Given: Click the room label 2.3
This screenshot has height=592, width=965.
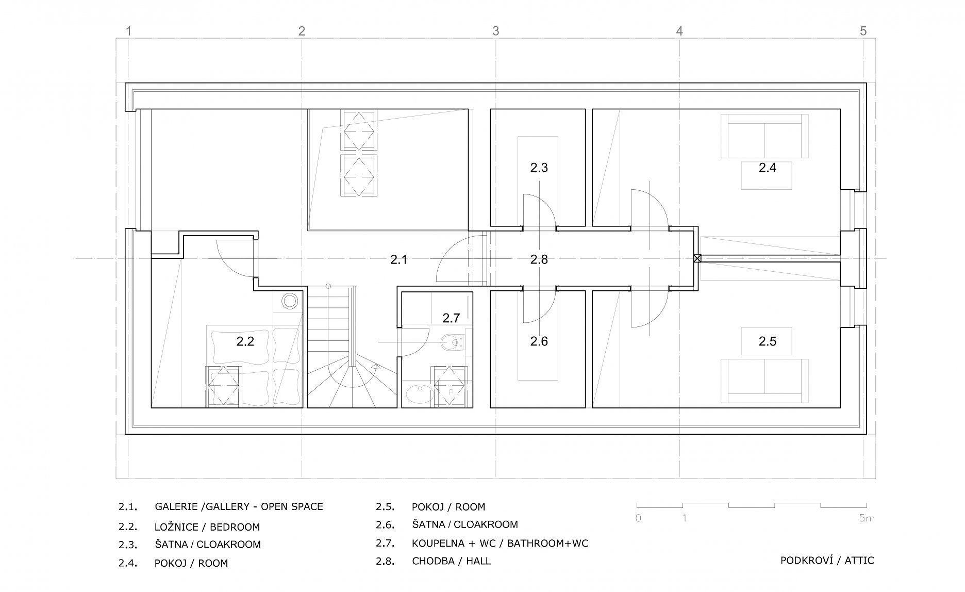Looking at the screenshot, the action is point(539,168).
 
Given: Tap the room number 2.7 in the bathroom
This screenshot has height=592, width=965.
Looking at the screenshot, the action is point(451,318).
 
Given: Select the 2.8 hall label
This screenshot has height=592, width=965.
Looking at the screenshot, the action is point(539,259).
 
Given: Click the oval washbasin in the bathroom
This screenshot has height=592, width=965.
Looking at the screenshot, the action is point(416,394).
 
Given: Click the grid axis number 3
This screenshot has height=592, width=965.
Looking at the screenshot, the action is point(495,31).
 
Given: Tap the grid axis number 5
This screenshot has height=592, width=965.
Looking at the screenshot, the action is point(863,31).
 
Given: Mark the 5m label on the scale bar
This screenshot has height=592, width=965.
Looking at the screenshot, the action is point(867,518).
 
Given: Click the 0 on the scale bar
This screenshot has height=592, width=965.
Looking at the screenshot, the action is point(638,518).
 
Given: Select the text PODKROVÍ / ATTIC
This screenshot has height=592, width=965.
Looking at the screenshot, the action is point(827,560).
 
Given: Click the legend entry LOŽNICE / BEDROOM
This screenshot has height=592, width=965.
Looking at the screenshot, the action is point(207,527).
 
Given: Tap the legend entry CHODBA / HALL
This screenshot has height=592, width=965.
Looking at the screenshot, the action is point(451,561).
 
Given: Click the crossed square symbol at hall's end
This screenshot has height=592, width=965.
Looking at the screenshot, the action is point(697,259).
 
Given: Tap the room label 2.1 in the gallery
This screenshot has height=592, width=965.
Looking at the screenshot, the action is point(398,259).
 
